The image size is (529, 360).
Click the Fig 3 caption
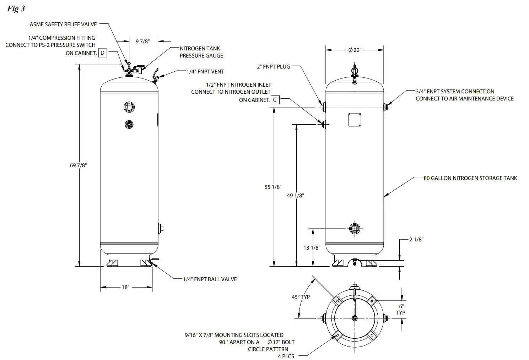[x=16, y=9]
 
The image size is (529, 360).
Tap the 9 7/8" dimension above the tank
[x=143, y=41]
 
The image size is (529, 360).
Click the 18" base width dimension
[x=125, y=287]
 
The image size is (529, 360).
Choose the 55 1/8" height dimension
[x=273, y=187]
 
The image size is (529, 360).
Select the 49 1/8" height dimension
[x=295, y=195]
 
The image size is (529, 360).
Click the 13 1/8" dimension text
[x=312, y=247]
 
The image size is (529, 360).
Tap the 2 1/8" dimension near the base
[x=416, y=240]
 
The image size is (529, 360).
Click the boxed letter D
[x=102, y=53]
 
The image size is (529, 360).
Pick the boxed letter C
[x=275, y=100]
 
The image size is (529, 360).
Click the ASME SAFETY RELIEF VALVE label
[x=63, y=24]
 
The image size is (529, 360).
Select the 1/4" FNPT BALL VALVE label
[x=210, y=279]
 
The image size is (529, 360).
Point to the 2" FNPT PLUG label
[x=273, y=66]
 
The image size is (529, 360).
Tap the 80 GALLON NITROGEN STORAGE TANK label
[x=470, y=178]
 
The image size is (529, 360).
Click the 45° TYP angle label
[x=301, y=297]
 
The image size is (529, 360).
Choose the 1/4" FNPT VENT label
[x=205, y=71]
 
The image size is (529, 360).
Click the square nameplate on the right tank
[x=355, y=120]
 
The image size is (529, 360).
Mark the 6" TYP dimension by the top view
[x=401, y=309]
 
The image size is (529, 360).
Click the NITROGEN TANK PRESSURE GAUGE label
[x=201, y=52]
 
